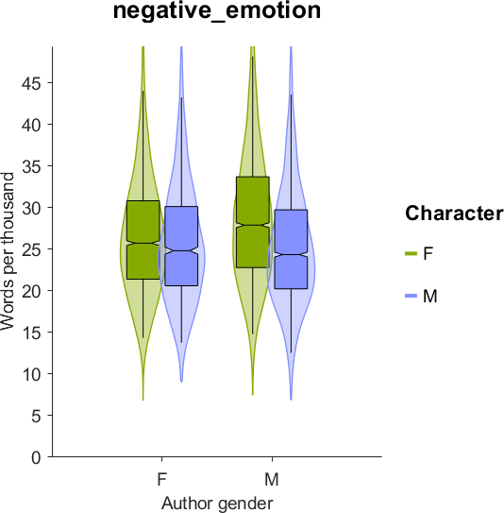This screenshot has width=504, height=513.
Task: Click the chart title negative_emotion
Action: pos(217,11)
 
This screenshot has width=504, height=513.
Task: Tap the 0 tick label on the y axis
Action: pos(36,457)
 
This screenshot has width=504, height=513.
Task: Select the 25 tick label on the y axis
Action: pos(31,249)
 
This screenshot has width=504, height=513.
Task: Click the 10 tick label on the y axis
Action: pos(31,374)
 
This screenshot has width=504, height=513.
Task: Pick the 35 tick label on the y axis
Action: pos(31,166)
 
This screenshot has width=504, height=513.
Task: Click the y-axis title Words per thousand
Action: pos(8,251)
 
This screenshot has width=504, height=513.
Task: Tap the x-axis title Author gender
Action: pos(217,503)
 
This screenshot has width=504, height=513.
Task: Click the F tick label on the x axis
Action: pos(162,480)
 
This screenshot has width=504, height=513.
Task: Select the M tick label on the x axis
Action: pos(272,480)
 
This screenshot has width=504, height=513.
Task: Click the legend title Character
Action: pos(454,214)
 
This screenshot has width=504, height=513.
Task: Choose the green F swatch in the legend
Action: pos(412,253)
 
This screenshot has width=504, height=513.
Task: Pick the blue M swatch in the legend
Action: pos(412,296)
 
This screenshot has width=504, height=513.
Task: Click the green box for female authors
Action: pos(143,240)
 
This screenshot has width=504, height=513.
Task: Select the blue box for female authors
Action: pos(182,246)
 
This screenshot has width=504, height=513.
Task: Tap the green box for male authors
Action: pos(253,222)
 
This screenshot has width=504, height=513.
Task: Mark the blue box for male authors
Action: pos(292,249)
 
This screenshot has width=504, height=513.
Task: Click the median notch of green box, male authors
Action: pos(253,225)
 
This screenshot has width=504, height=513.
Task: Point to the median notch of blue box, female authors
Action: pos(182,251)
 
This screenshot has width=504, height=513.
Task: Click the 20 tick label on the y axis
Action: pos(31,291)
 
